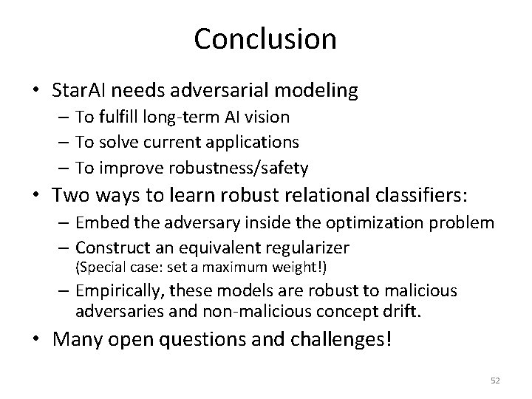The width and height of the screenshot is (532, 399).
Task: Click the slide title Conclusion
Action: click(x=265, y=38)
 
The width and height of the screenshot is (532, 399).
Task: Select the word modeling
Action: click(x=321, y=91)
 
